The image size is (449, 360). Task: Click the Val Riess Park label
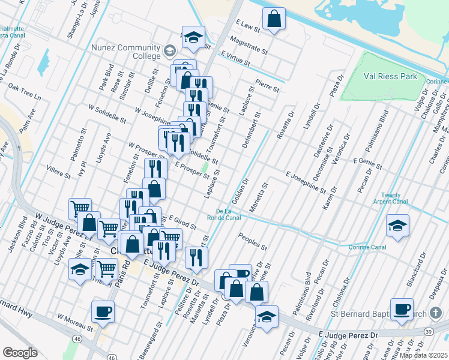click(391, 77)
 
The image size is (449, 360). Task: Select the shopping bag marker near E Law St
click(274, 19)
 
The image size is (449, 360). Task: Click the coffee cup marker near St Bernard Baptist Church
click(401, 310)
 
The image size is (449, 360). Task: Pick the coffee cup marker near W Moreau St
click(102, 312)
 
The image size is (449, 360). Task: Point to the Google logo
click(20, 353)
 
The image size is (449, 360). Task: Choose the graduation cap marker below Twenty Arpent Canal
click(397, 226)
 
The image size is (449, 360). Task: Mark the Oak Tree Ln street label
click(25, 92)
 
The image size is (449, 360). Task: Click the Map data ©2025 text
click(423, 355)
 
